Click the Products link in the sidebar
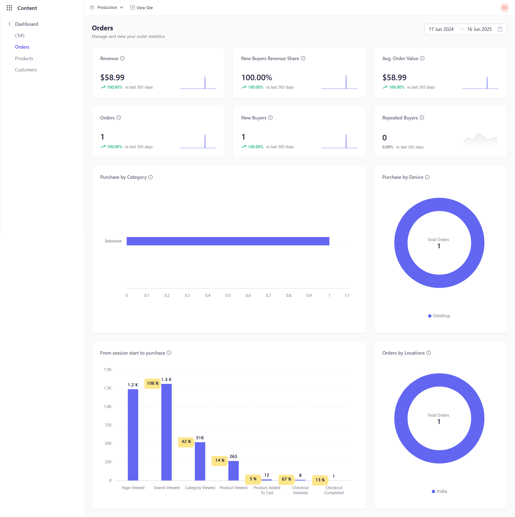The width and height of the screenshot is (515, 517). [24, 58]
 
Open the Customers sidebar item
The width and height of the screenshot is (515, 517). [26, 70]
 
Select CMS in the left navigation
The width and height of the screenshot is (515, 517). [20, 35]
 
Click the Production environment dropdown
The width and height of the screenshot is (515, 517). [107, 8]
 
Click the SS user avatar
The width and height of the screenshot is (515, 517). [504, 8]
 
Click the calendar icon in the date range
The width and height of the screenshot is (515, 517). [500, 29]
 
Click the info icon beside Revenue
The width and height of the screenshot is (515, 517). [122, 58]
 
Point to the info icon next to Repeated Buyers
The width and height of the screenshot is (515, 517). [422, 118]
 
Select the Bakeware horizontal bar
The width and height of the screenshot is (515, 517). [228, 241]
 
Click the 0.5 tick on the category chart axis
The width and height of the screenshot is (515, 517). [228, 295]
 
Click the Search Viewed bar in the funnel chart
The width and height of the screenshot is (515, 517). [166, 432]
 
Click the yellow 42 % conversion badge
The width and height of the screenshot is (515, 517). [186, 442]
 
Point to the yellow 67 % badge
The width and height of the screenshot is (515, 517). [286, 479]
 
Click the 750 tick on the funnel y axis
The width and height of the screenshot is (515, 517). [108, 425]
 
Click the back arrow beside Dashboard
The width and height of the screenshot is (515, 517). [9, 24]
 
